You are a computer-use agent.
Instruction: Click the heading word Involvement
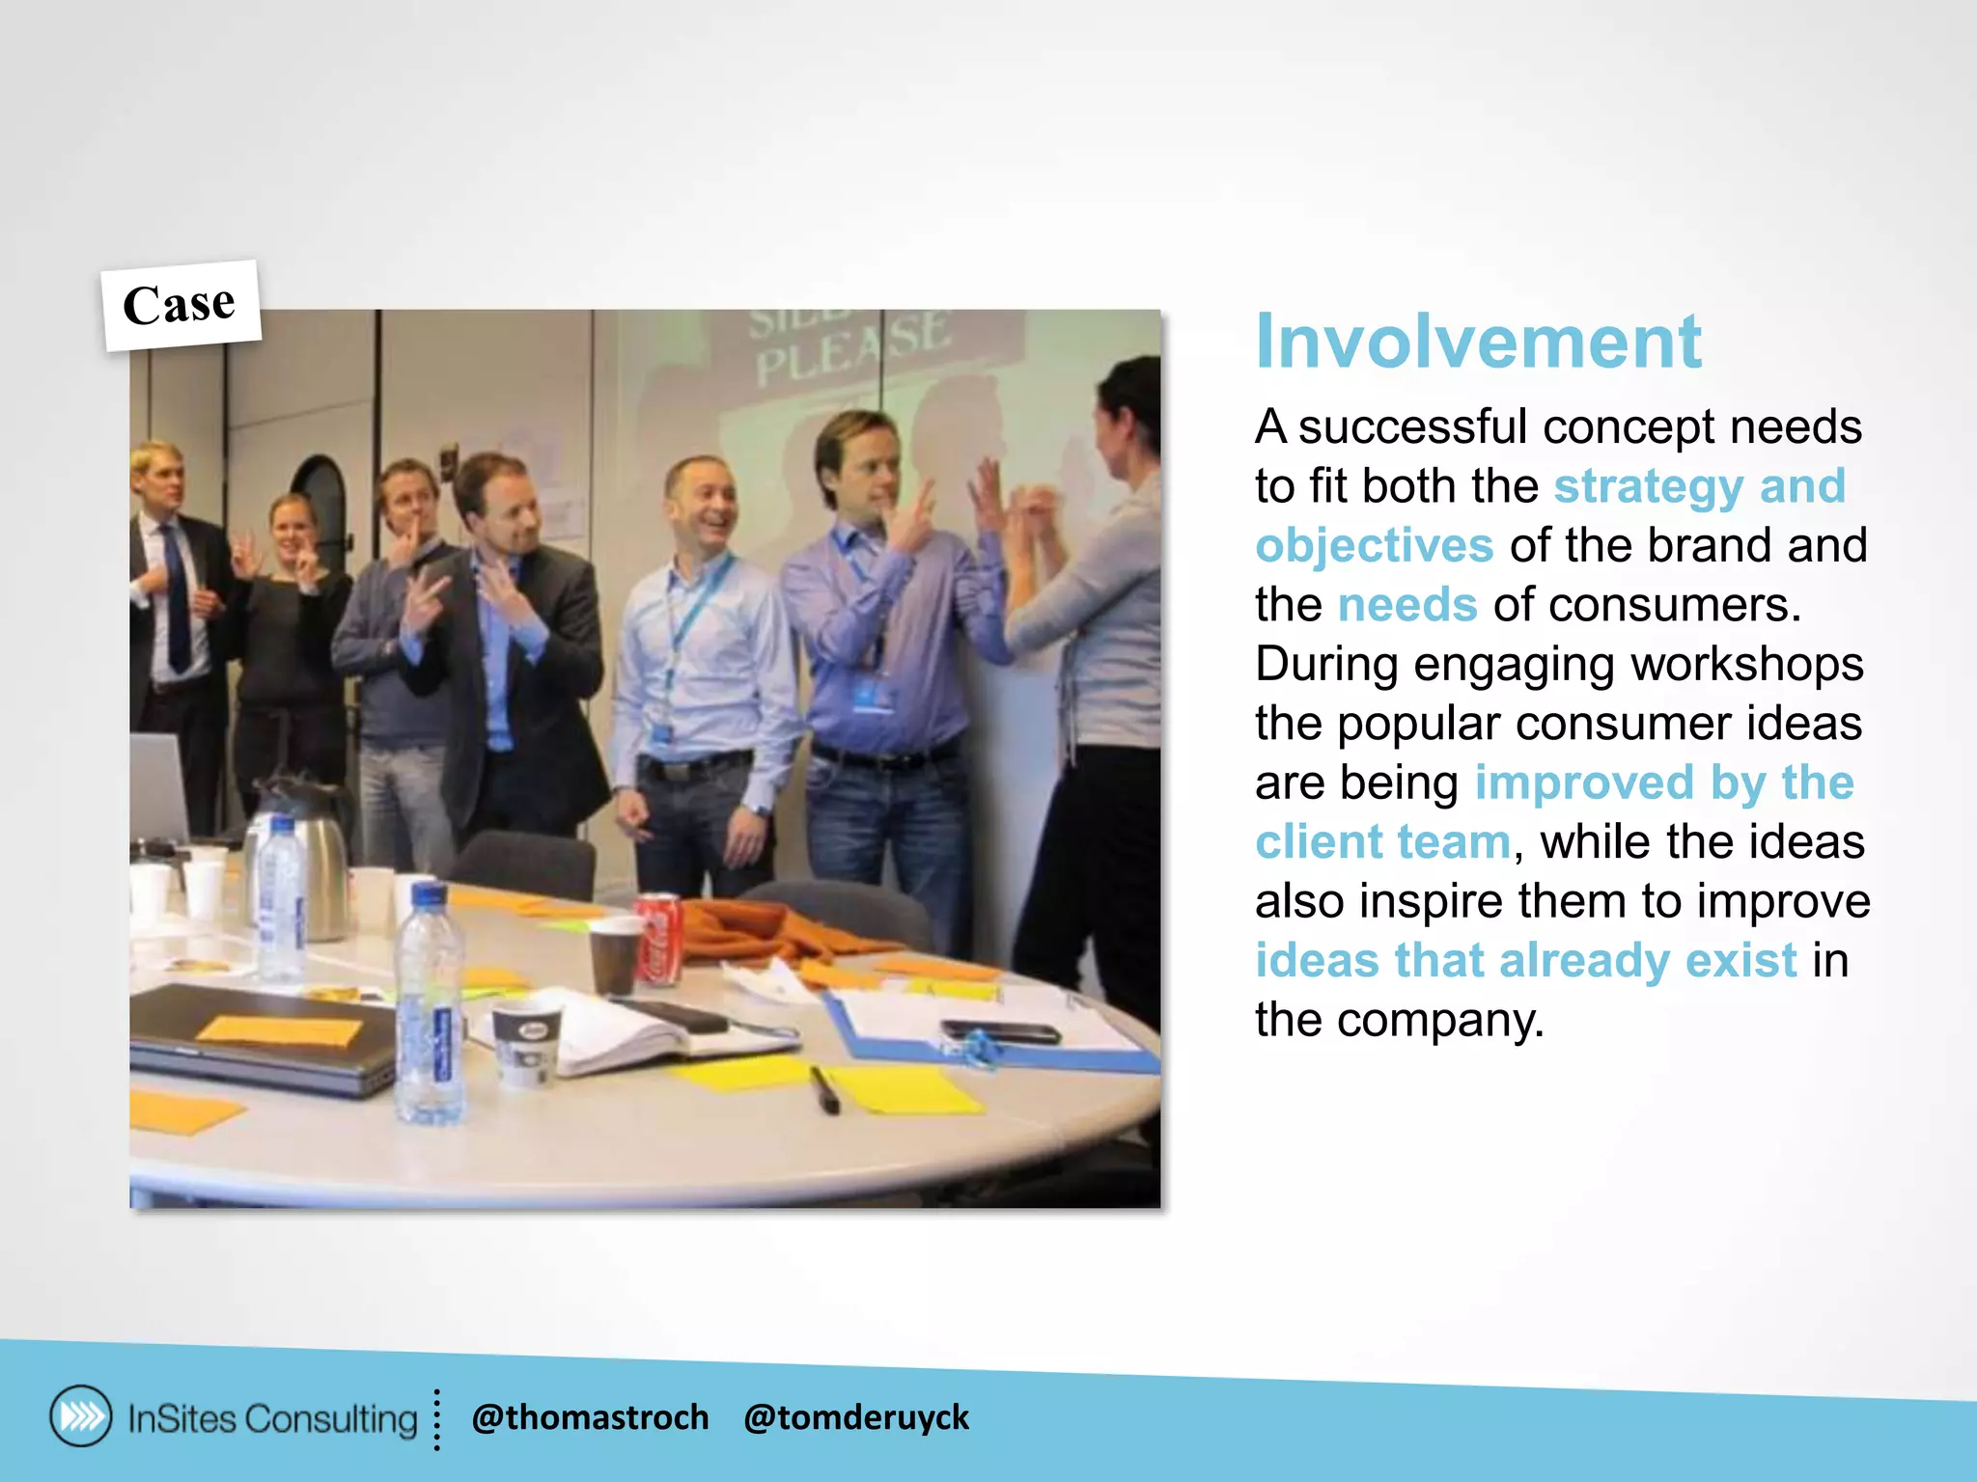pyautogui.click(x=1477, y=343)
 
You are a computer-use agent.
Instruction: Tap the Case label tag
pyautogui.click(x=181, y=306)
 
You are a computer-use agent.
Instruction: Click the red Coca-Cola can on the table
pyautogui.click(x=659, y=939)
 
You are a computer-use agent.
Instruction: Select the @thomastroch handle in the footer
pyautogui.click(x=590, y=1417)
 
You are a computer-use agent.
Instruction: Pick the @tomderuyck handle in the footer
pyautogui.click(x=855, y=1417)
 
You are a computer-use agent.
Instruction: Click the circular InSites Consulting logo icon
pyautogui.click(x=81, y=1416)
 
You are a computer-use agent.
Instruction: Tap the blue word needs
pyautogui.click(x=1406, y=605)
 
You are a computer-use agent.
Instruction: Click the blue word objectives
pyautogui.click(x=1374, y=545)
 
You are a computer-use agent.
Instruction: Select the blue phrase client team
pyautogui.click(x=1382, y=841)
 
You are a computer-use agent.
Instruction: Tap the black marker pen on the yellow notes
pyautogui.click(x=824, y=1089)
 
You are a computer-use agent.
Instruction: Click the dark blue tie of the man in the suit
pyautogui.click(x=177, y=598)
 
